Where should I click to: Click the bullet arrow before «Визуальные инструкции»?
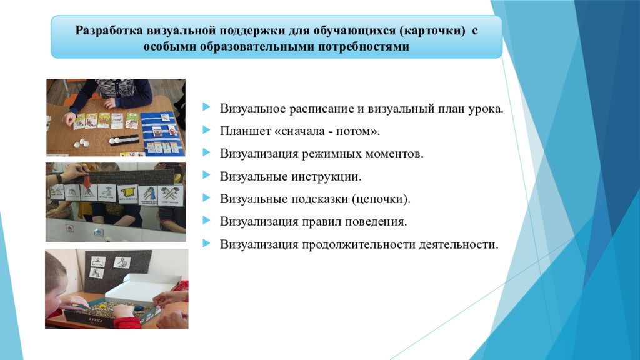(x=206, y=176)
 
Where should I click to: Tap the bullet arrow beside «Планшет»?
(x=206, y=130)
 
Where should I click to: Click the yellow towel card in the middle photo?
(x=127, y=194)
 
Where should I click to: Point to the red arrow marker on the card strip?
(x=87, y=181)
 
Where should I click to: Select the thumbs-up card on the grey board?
(x=122, y=262)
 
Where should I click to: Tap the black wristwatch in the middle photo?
(x=59, y=177)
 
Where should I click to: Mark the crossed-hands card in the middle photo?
(x=170, y=195)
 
